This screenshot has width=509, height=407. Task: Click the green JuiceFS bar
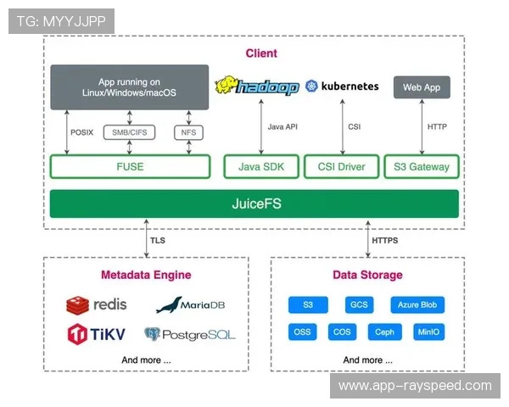254,203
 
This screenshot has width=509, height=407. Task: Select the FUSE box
130,167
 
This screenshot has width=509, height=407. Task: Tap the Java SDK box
261,167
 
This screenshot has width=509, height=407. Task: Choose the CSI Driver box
342,167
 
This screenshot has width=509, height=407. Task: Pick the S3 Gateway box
422,167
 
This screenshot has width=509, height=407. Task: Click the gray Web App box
422,87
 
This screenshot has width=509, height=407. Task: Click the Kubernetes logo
342,86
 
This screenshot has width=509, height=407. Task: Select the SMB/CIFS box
129,132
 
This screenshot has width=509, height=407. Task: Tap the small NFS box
187,132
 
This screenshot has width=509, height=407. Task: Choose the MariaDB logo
189,305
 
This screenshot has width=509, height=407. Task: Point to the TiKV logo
96,334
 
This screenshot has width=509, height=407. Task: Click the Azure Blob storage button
417,304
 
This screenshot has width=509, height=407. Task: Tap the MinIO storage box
429,332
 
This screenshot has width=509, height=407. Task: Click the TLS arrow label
158,241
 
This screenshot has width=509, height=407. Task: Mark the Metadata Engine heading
146,275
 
